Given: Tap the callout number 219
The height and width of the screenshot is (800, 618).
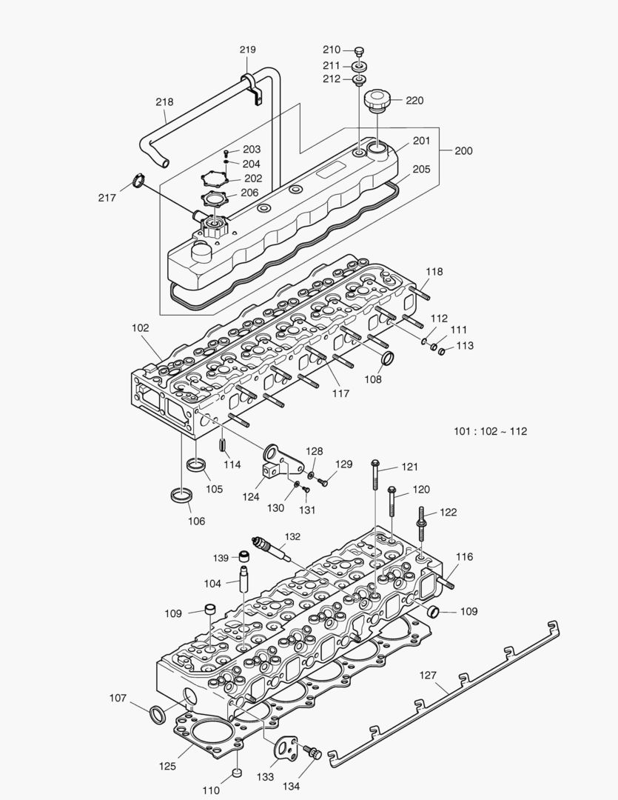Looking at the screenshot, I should tap(247, 50).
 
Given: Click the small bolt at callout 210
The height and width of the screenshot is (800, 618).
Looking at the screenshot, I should tap(360, 50).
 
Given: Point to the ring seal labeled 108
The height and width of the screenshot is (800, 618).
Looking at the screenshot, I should tap(387, 360).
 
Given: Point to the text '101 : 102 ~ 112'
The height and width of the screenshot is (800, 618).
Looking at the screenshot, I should tap(490, 431).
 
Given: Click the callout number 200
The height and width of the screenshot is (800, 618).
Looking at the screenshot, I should tap(463, 150).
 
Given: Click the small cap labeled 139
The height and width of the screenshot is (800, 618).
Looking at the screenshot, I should tap(242, 556).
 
